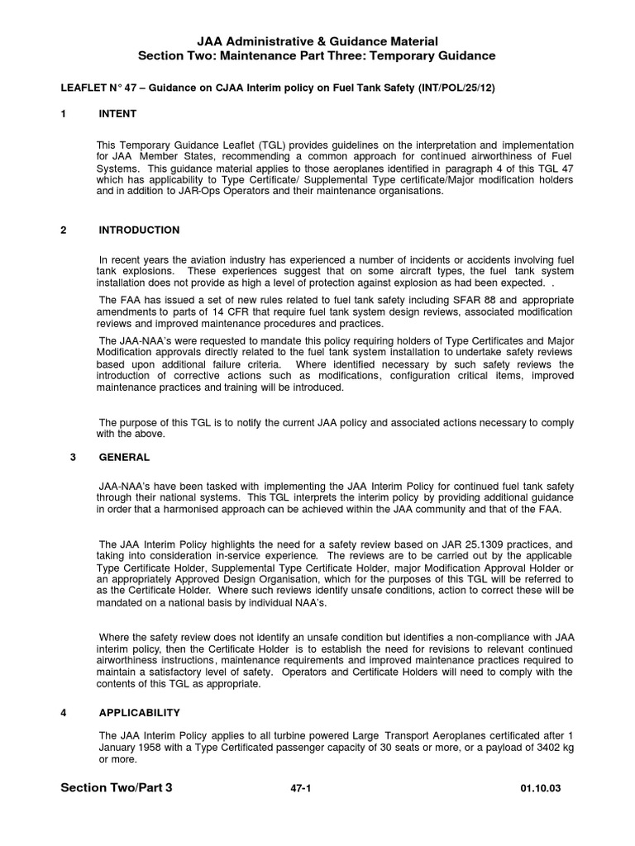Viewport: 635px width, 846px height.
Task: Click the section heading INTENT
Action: coord(117,113)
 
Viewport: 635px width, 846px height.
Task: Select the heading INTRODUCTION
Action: coord(139,230)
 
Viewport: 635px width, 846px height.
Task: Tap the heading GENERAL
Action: coord(124,456)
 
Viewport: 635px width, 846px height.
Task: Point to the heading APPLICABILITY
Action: coord(139,711)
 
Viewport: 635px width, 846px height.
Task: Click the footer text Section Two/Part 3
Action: coord(117,788)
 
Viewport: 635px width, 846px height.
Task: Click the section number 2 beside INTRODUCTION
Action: coord(64,230)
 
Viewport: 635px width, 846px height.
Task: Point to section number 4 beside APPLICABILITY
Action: coord(64,711)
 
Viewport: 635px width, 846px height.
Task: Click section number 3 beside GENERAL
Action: coord(73,456)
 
